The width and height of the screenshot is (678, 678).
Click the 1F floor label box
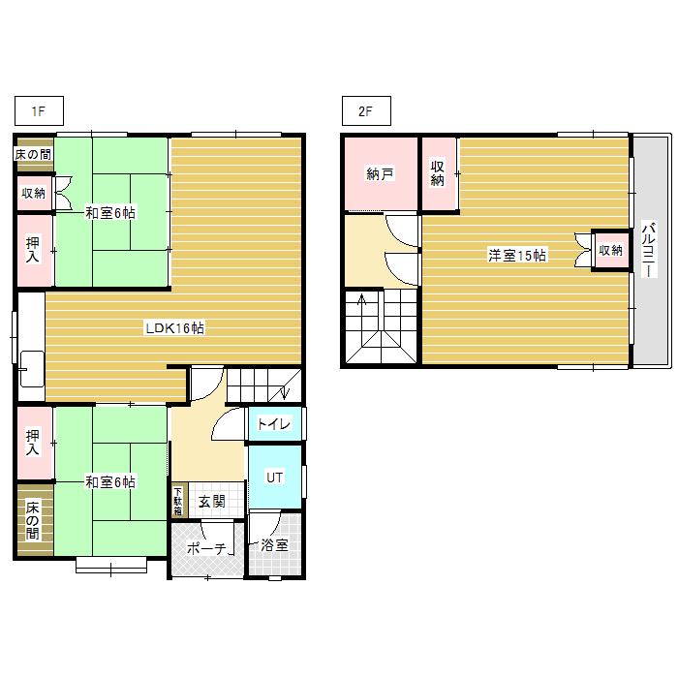pyautogui.click(x=39, y=111)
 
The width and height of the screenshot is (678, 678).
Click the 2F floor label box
pyautogui.click(x=366, y=111)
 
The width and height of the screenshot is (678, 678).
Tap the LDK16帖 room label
pyautogui.click(x=174, y=328)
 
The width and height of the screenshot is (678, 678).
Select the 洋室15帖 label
pyautogui.click(x=516, y=255)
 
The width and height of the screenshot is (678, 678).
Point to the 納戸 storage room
pyautogui.click(x=381, y=173)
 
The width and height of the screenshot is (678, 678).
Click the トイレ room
pyautogui.click(x=274, y=424)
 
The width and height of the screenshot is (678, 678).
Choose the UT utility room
pyautogui.click(x=274, y=477)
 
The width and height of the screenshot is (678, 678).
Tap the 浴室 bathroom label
pyautogui.click(x=274, y=545)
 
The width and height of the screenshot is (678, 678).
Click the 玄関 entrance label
pyautogui.click(x=212, y=502)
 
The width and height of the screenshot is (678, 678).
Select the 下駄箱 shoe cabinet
pyautogui.click(x=178, y=501)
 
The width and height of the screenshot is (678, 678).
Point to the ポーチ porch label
pyautogui.click(x=206, y=548)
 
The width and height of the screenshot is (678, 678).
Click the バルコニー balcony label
pyautogui.click(x=649, y=250)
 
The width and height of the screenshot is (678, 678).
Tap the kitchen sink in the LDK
pyautogui.click(x=32, y=369)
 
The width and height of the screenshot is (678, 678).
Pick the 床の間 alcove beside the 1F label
pyautogui.click(x=35, y=154)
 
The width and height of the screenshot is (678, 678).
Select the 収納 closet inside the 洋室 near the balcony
pyautogui.click(x=610, y=250)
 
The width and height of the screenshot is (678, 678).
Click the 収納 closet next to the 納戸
pyautogui.click(x=439, y=173)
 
